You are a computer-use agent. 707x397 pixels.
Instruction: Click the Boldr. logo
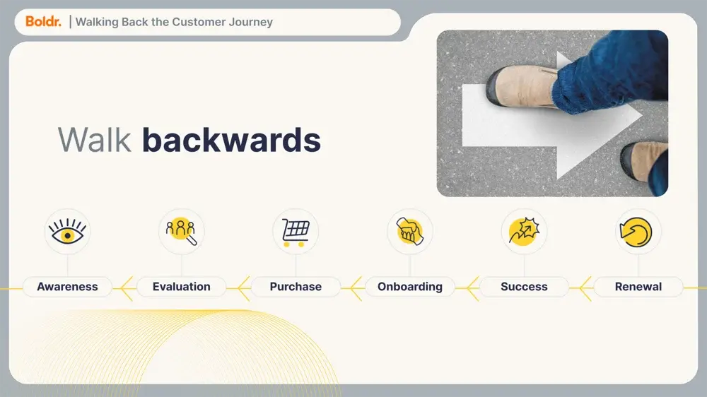pos(43,21)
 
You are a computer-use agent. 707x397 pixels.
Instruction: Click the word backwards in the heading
pos(231,140)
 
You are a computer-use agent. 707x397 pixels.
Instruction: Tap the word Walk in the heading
pos(94,140)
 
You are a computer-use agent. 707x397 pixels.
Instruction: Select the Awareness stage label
pos(67,287)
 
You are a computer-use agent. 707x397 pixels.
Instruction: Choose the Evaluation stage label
pos(181,287)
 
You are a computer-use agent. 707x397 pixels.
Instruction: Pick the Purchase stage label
pos(296,287)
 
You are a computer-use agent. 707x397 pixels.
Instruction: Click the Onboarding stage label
pos(410,287)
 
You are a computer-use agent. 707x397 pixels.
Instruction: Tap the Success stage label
pos(524,287)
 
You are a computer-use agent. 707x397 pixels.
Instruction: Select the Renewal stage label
pos(638,287)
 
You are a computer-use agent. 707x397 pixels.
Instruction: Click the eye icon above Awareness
pos(67,231)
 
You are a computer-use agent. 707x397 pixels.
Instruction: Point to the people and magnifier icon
pos(181,231)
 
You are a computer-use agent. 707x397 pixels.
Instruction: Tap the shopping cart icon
pos(296,232)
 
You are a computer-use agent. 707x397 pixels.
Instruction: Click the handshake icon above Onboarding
pos(410,231)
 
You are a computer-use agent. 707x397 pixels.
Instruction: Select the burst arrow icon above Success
pos(524,231)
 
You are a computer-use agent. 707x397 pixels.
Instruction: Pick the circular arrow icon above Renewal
pos(636,232)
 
